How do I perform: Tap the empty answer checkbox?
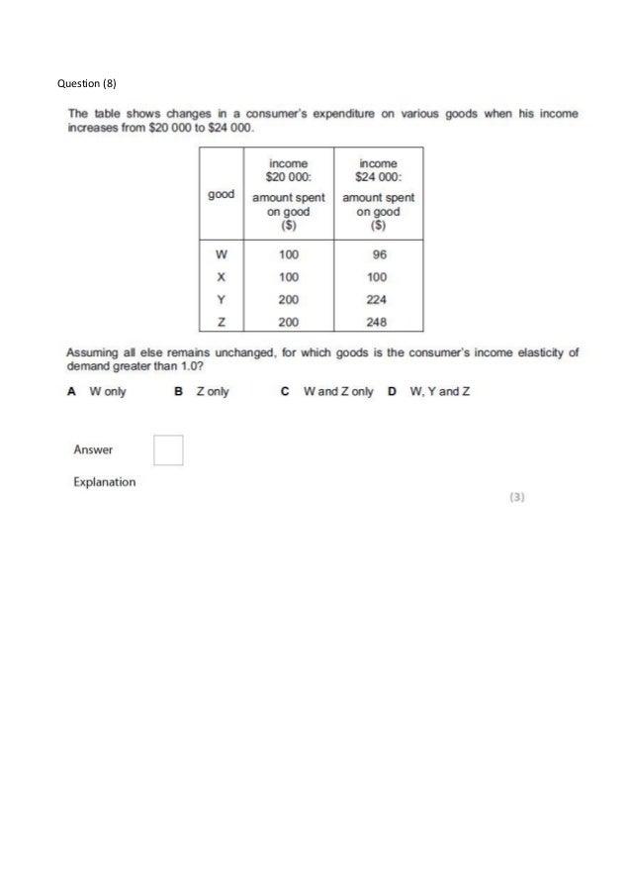[x=169, y=450]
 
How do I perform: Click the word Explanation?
[x=105, y=482]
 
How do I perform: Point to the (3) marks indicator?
[x=516, y=499]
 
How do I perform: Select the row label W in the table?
[x=221, y=253]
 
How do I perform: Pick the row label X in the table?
[x=221, y=276]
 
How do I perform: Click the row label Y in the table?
[x=221, y=299]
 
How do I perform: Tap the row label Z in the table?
[x=221, y=322]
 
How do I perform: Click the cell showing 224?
[x=376, y=299]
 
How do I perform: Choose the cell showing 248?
[x=376, y=322]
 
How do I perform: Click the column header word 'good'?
[x=221, y=195]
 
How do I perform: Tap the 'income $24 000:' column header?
[x=378, y=169]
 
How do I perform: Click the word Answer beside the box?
[x=93, y=449]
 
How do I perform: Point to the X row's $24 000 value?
[x=376, y=276]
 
